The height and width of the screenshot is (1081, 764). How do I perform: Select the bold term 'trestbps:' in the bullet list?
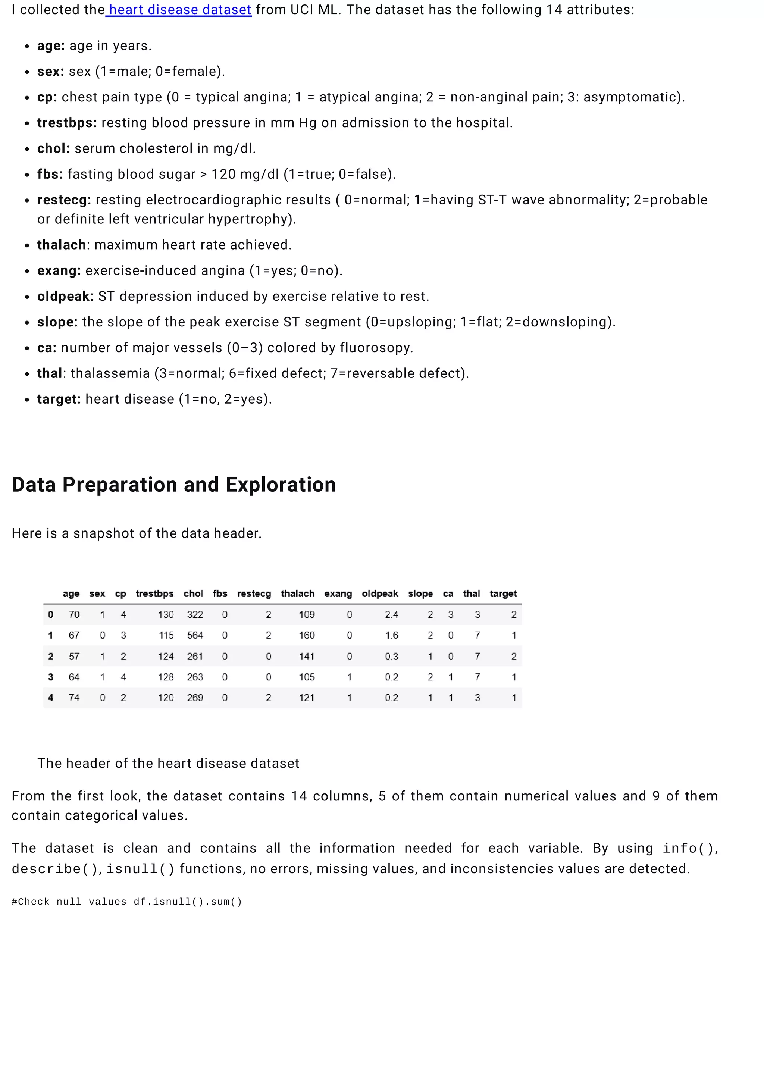tap(67, 123)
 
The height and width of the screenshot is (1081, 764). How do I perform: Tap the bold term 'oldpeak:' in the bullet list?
tap(65, 296)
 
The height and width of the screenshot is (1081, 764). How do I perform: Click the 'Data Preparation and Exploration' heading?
tap(174, 485)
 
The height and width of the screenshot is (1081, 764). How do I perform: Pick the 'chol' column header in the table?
tap(193, 594)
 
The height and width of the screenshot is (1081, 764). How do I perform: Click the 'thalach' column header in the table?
tap(297, 594)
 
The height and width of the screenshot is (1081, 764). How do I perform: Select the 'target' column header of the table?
tap(503, 594)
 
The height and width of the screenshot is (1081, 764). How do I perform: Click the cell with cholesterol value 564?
tap(195, 635)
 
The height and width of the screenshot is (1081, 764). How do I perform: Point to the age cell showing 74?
tap(74, 698)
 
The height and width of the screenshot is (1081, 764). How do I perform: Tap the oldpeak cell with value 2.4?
tap(391, 614)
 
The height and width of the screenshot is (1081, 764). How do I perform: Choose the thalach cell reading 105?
tap(306, 677)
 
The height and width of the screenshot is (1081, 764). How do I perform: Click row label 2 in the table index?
tap(51, 657)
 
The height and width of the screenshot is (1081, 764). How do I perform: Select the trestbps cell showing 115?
tap(166, 635)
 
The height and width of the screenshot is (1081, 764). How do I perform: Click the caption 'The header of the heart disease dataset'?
tap(168, 763)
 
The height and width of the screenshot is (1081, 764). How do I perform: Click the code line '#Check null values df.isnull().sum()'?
tap(126, 902)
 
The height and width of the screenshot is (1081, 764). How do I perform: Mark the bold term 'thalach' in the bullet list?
tap(61, 245)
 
